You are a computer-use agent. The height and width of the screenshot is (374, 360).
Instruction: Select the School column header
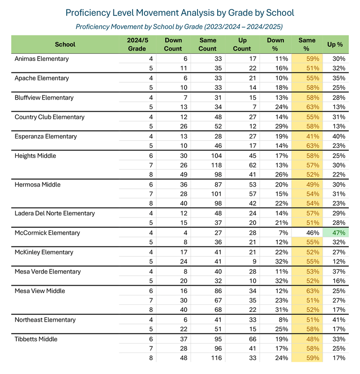(65, 44)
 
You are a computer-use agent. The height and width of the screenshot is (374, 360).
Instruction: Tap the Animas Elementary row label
(42, 59)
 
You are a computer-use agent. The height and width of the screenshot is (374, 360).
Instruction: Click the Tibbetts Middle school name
(36, 339)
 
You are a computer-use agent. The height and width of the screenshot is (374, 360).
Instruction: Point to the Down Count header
(173, 44)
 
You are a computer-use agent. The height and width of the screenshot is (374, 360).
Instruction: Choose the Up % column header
(335, 44)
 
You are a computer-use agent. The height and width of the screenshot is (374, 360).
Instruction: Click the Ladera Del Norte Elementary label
(55, 213)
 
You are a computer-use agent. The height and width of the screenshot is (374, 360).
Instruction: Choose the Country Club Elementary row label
(49, 117)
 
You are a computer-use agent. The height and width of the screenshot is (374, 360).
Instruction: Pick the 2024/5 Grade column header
(137, 44)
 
